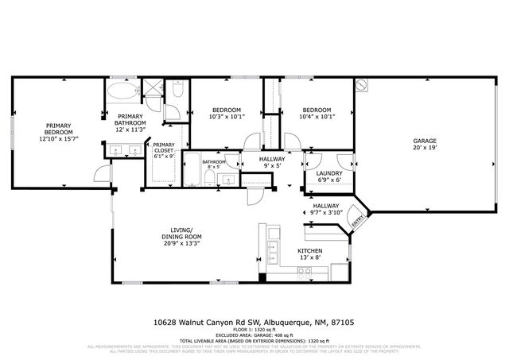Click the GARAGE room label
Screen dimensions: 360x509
pos(424,141)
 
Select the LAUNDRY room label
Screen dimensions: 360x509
pos(329,173)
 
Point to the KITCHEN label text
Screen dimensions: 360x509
pos(309,251)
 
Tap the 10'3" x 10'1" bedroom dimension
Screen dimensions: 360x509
pos(227,117)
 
